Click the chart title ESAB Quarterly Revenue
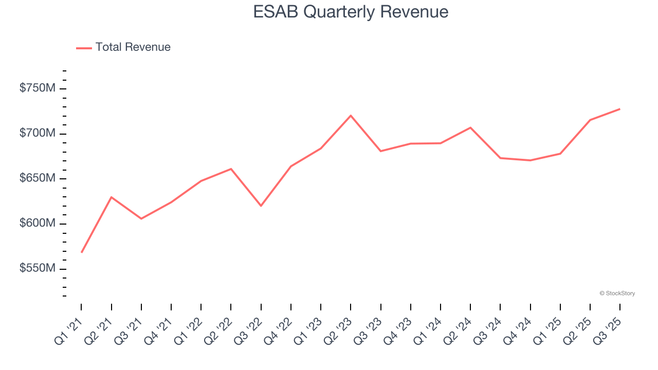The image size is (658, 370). click(x=351, y=12)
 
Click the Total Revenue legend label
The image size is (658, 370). click(x=133, y=47)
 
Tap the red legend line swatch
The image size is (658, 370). click(x=84, y=48)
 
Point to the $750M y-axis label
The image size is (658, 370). click(x=38, y=88)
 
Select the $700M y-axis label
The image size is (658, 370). click(x=38, y=134)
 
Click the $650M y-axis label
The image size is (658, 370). click(x=38, y=178)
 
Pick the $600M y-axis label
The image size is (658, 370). click(x=38, y=224)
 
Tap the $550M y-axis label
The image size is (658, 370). click(x=38, y=269)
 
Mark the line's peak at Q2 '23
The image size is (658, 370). click(x=351, y=116)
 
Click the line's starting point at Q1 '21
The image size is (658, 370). click(x=81, y=252)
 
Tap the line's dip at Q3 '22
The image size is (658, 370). click(x=261, y=206)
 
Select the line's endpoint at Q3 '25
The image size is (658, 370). click(x=619, y=109)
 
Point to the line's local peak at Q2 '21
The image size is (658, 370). click(x=111, y=197)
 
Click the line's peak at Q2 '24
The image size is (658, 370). click(x=470, y=127)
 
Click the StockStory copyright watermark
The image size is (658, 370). click(x=617, y=293)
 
